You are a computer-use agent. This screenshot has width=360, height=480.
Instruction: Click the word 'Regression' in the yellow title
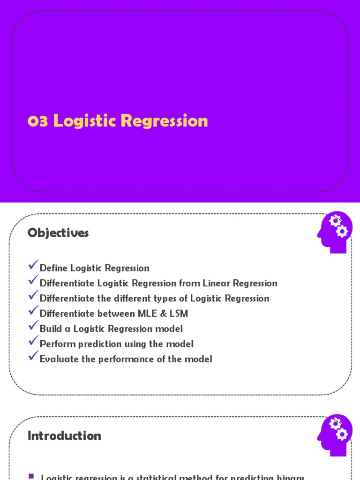pyautogui.click(x=164, y=121)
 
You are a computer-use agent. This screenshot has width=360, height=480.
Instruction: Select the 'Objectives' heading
pyautogui.click(x=58, y=233)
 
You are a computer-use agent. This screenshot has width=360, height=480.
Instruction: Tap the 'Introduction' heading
pyautogui.click(x=64, y=436)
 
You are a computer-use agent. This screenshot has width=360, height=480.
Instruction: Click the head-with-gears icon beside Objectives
pyautogui.click(x=334, y=232)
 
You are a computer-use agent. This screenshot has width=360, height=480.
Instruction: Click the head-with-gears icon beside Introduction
pyautogui.click(x=334, y=435)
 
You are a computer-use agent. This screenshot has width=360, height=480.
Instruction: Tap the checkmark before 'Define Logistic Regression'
pyautogui.click(x=33, y=266)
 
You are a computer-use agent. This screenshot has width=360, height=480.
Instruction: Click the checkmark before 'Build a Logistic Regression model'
pyautogui.click(x=33, y=326)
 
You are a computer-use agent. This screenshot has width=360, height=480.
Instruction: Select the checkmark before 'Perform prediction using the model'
pyautogui.click(x=33, y=342)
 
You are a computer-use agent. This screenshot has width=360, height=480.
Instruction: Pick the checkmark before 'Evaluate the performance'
pyautogui.click(x=33, y=357)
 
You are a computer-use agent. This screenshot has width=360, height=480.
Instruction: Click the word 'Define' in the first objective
pyautogui.click(x=53, y=268)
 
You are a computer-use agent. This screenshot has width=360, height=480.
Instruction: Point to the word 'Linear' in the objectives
pyautogui.click(x=217, y=283)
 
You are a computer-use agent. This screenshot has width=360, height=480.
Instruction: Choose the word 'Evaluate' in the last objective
pyautogui.click(x=58, y=359)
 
